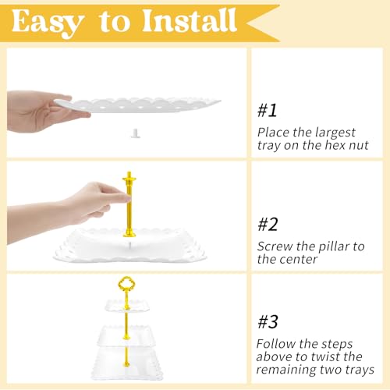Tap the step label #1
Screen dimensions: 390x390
click(267, 111)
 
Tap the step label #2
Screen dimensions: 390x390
click(268, 225)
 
